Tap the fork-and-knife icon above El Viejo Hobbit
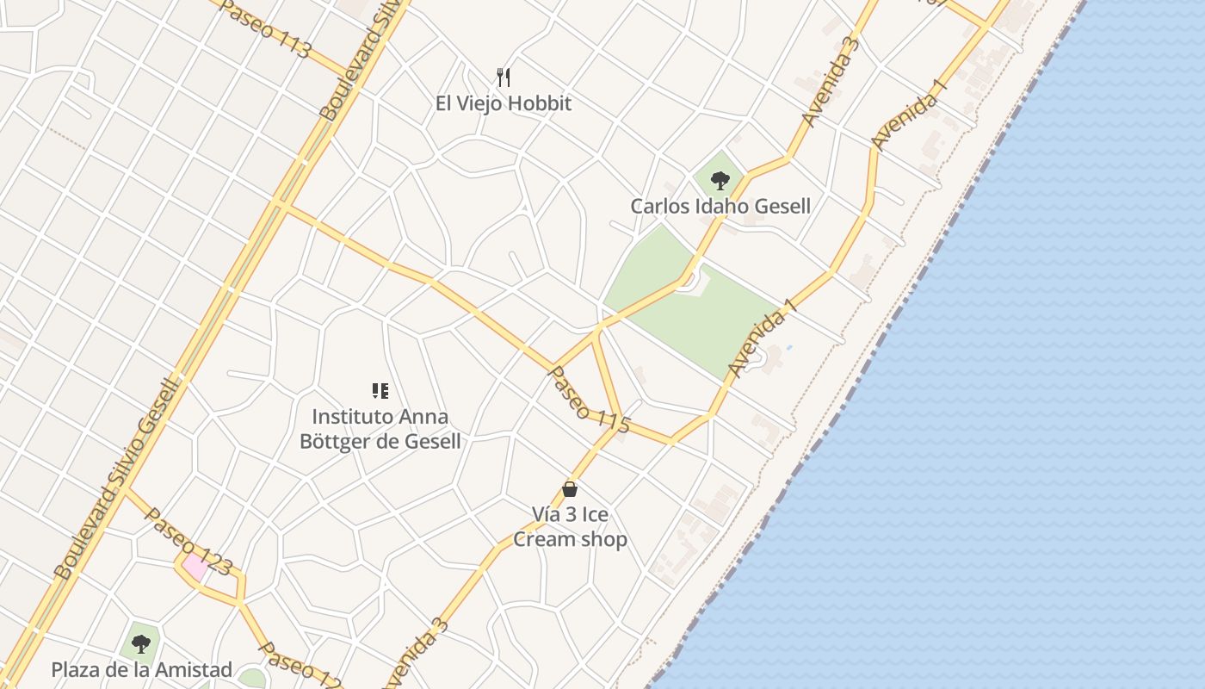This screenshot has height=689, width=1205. pos(504,78)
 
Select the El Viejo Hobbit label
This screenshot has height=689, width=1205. pos(504,104)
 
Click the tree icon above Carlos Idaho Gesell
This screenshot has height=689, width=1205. pos(720,181)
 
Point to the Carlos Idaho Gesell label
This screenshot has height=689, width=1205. pos(720,207)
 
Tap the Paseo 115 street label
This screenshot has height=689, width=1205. pos(590,400)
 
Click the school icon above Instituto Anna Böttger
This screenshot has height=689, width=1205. pos(380,391)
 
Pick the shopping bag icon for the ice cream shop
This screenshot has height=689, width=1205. pos(570,489)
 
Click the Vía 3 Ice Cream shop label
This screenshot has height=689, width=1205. pos(570,527)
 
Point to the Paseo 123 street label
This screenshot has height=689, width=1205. pos(188,541)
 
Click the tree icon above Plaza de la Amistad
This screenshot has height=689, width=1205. pos(140,643)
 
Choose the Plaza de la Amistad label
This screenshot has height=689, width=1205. pos(142,670)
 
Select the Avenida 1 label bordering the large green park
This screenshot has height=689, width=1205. pos(763,338)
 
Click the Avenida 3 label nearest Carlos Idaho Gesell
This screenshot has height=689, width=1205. pos(831,83)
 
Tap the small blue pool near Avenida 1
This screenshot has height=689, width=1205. pos(789,347)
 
